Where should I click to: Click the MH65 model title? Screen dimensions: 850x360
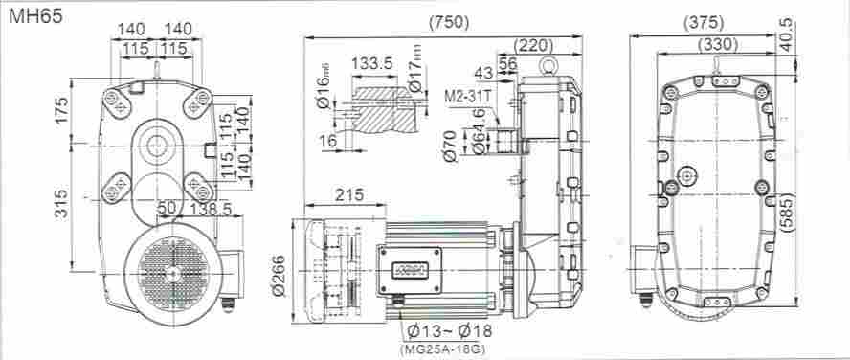pyautogui.click(x=35, y=15)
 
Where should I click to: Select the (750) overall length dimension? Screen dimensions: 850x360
pyautogui.click(x=449, y=22)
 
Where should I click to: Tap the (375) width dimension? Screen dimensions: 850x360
pyautogui.click(x=704, y=22)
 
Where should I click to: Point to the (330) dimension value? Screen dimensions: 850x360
pyautogui.click(x=718, y=44)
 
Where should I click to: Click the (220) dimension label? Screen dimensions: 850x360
pyautogui.click(x=533, y=44)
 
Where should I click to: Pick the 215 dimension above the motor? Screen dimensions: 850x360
pyautogui.click(x=349, y=194)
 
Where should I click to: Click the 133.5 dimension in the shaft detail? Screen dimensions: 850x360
pyautogui.click(x=371, y=64)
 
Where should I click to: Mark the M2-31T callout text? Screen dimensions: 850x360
pyautogui.click(x=467, y=97)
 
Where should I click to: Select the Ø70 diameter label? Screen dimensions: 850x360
pyautogui.click(x=451, y=146)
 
